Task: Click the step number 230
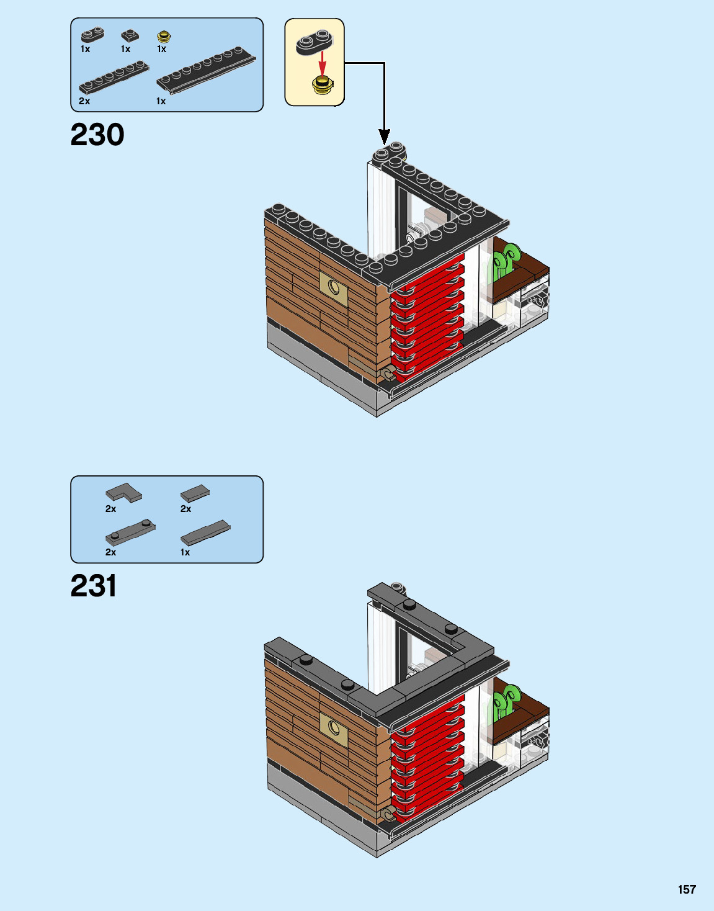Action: (97, 135)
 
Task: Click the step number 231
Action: (94, 586)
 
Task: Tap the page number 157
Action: (687, 889)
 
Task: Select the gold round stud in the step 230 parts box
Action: (164, 36)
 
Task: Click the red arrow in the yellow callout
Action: (322, 61)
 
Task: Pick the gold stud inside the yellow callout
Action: (321, 84)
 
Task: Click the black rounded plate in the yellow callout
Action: (314, 42)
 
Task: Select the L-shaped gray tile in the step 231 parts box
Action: (123, 493)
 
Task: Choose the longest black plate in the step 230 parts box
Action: (206, 69)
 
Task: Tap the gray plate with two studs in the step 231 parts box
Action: (130, 532)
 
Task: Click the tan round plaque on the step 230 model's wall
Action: (334, 286)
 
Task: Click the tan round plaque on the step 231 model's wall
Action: (334, 727)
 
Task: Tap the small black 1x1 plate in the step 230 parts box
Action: (130, 35)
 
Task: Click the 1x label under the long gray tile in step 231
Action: (185, 552)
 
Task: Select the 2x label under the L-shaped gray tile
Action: (110, 508)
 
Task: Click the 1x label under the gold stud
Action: (162, 49)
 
